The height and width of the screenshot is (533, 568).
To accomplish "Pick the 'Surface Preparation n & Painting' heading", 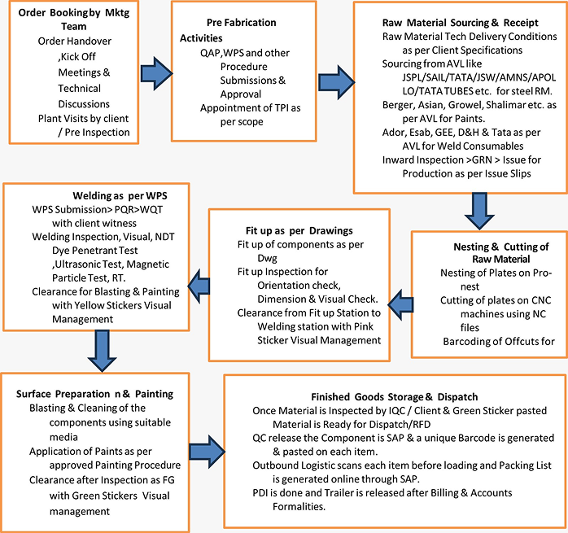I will pos(95,394).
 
